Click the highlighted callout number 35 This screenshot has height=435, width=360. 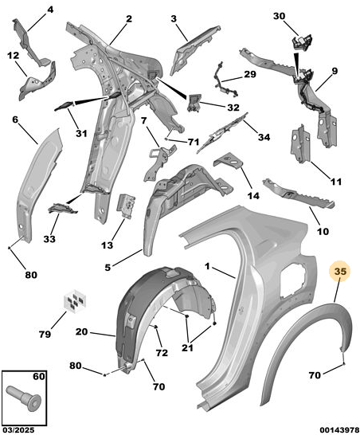click(x=340, y=272)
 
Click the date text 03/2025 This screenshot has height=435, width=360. click(x=18, y=430)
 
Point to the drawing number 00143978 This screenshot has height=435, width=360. click(x=339, y=430)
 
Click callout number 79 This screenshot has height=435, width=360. click(x=45, y=334)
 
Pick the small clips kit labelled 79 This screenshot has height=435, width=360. click(x=75, y=300)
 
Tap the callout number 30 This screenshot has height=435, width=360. click(x=279, y=16)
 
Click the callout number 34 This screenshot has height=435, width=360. click(x=264, y=137)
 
